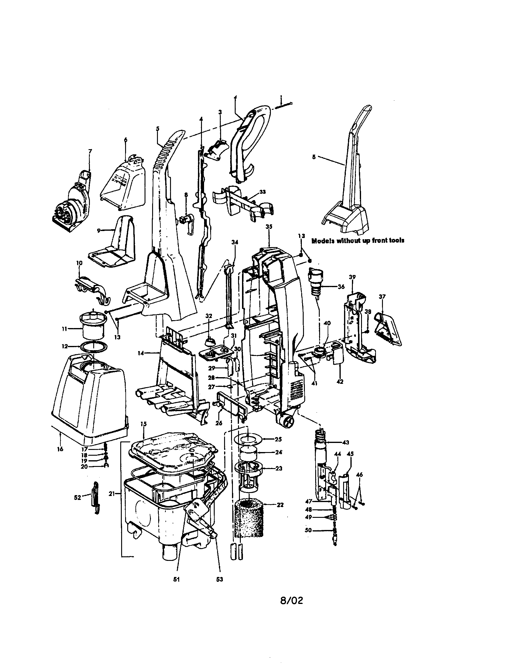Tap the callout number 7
click(x=90, y=151)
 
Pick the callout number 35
click(x=269, y=226)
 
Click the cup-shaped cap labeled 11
click(x=94, y=328)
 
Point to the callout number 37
click(x=382, y=297)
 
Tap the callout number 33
click(x=262, y=192)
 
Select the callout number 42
click(x=340, y=381)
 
